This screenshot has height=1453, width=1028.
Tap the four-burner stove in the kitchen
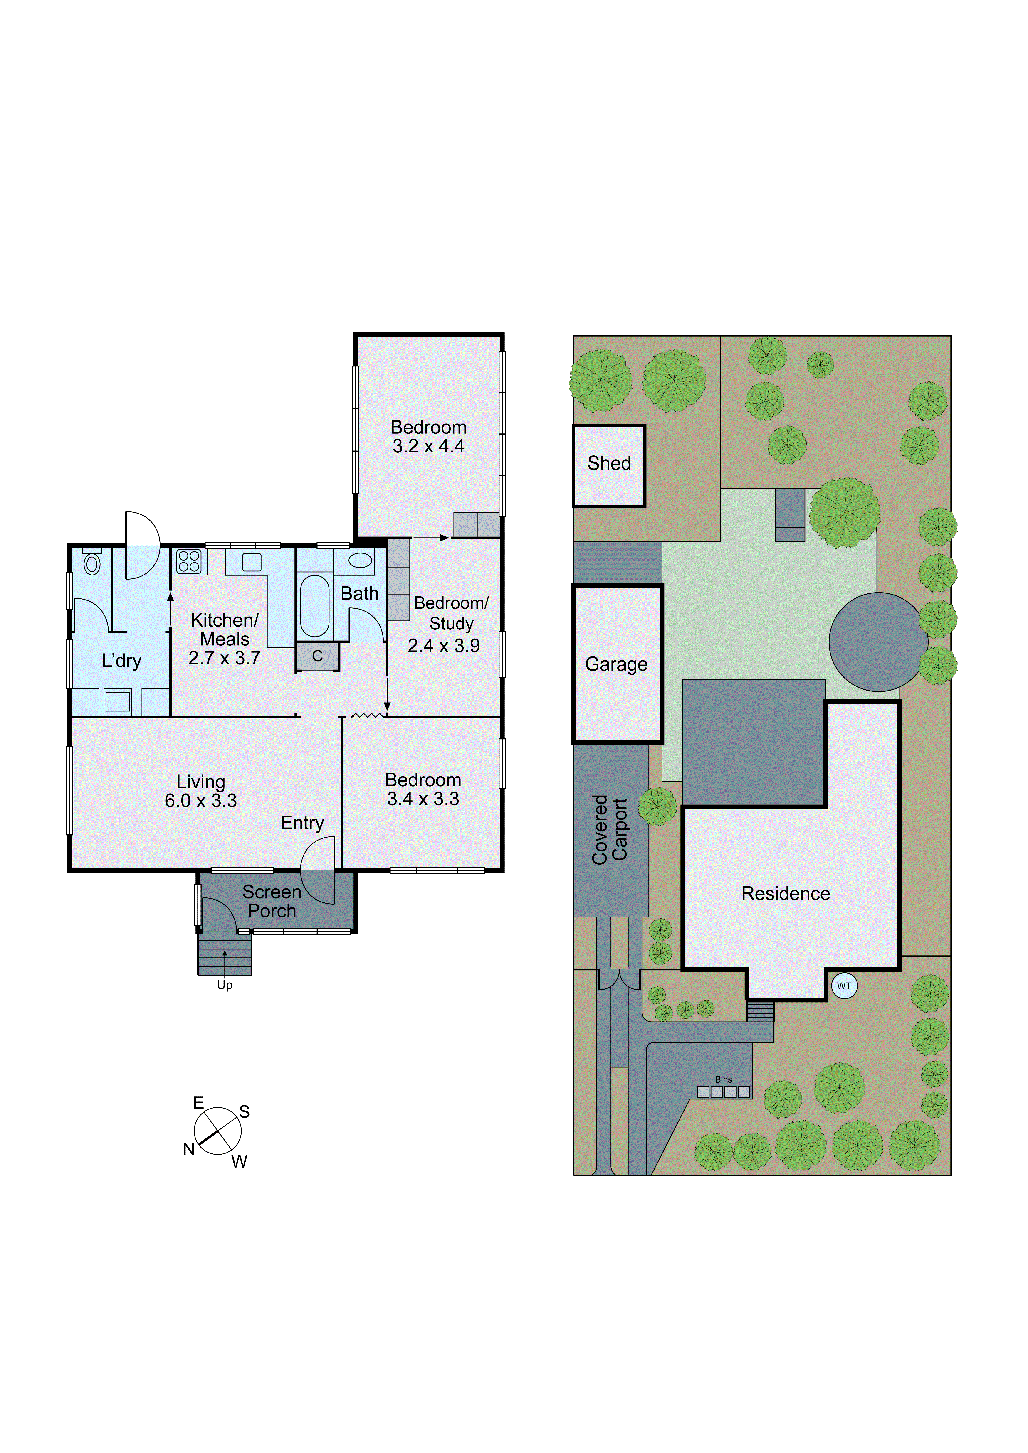(x=189, y=561)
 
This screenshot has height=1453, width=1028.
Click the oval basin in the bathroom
(x=360, y=560)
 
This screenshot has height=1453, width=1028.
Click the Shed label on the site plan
(x=609, y=463)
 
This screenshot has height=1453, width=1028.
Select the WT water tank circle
(x=844, y=986)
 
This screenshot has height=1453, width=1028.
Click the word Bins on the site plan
(x=724, y=1080)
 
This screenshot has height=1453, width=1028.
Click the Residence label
(x=786, y=894)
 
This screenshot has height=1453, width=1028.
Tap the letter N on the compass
(x=189, y=1149)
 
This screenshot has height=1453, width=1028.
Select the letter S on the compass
(x=244, y=1112)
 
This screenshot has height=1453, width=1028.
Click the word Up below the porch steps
(x=225, y=985)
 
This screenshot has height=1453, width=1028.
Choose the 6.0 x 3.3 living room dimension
(x=201, y=801)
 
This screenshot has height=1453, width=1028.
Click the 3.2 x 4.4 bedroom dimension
(x=429, y=446)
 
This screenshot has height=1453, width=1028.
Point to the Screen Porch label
(x=272, y=901)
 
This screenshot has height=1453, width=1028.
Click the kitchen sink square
(x=252, y=562)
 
